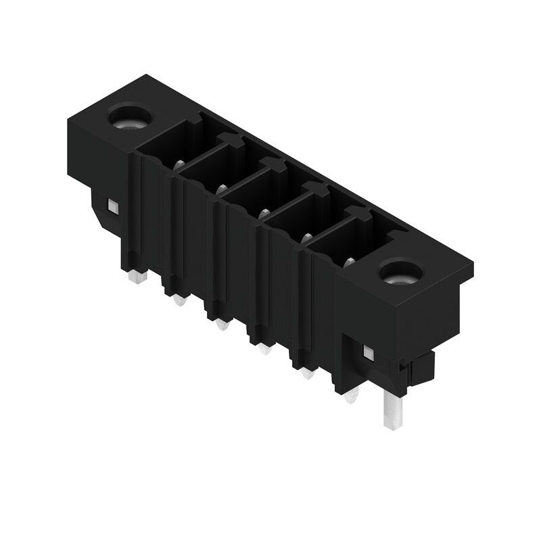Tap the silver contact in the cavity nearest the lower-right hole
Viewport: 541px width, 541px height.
pyautogui.click(x=350, y=262)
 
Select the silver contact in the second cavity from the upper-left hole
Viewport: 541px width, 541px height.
pyautogui.click(x=220, y=189)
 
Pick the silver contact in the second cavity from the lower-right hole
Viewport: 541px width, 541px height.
pyautogui.click(x=306, y=238)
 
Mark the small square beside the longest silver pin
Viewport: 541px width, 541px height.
pyautogui.click(x=369, y=352)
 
